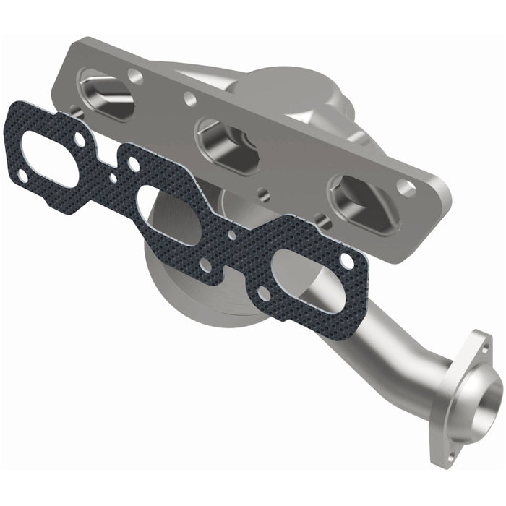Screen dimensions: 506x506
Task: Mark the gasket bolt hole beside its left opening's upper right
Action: (x=79, y=137)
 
